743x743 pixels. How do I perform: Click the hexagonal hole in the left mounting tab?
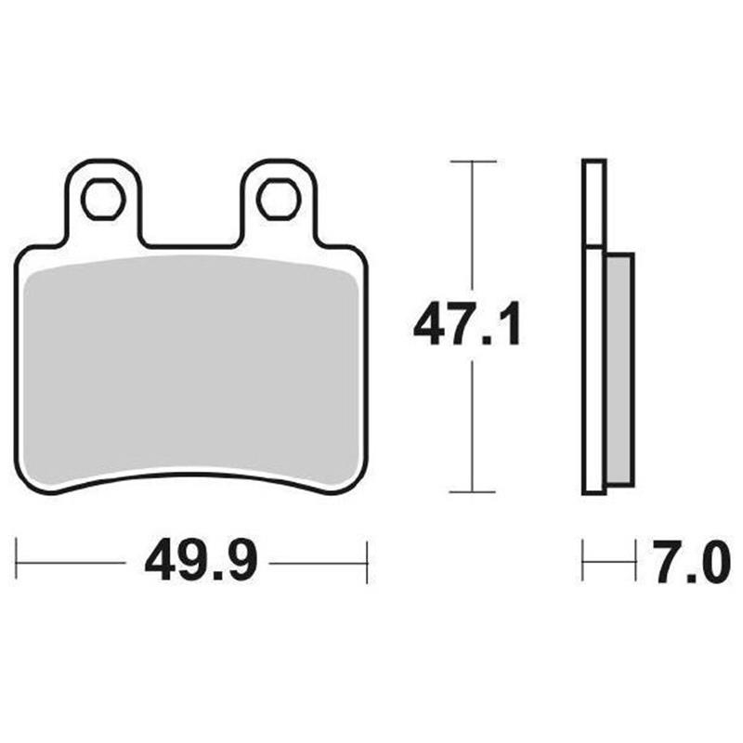click(102, 199)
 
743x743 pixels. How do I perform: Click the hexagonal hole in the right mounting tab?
click(277, 199)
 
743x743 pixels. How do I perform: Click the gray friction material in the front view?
click(190, 371)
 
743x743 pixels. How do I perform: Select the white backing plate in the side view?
click(594, 325)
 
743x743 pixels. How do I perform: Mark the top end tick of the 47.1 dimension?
click(474, 162)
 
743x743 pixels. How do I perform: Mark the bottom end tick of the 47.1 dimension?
click(474, 492)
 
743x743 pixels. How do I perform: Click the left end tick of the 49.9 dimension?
click(18, 561)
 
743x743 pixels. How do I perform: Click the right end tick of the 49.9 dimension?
click(368, 561)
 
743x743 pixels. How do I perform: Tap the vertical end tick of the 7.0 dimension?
click(582, 561)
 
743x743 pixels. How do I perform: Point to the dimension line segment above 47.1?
click(474, 223)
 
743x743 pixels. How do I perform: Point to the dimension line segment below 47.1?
click(474, 427)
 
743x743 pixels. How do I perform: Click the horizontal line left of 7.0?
click(608, 561)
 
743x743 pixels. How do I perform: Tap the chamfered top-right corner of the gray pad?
click(352, 275)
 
